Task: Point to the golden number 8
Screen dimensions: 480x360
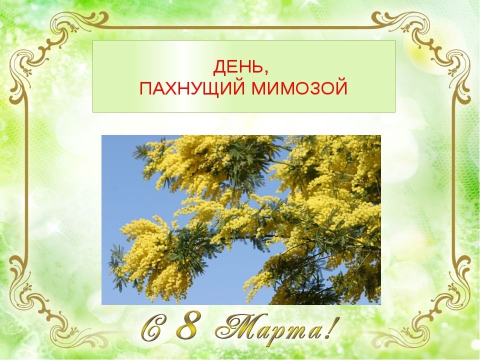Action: (x=187, y=326)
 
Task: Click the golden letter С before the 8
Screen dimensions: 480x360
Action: (x=152, y=328)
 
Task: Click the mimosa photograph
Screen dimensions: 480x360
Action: (x=241, y=220)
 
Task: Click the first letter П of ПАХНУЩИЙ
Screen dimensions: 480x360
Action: (x=145, y=89)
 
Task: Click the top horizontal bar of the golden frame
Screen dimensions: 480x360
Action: (x=240, y=27)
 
